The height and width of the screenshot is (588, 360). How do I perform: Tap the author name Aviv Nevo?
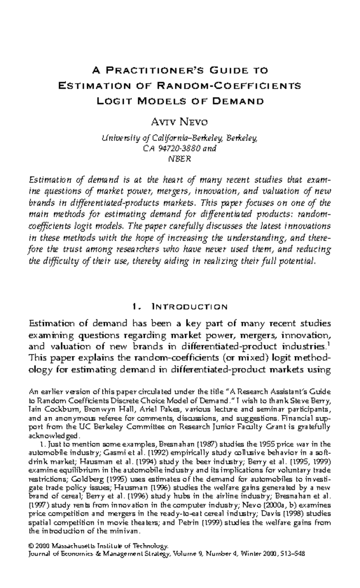179,122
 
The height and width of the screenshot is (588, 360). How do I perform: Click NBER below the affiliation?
179,159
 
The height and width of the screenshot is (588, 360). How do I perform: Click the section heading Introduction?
190,306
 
